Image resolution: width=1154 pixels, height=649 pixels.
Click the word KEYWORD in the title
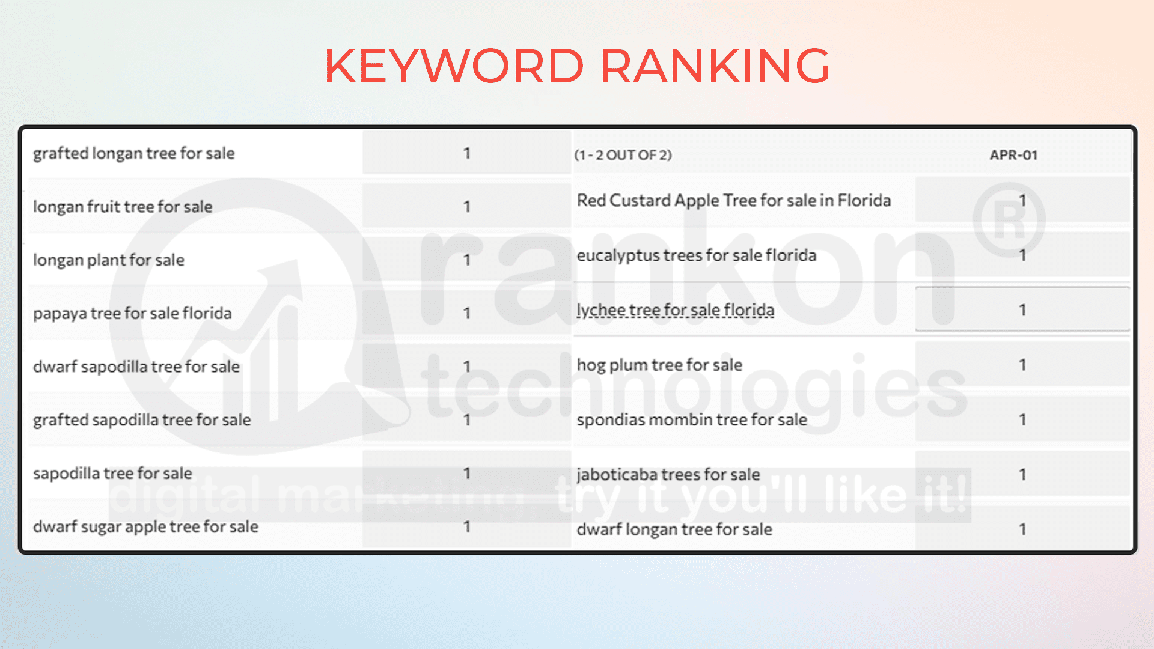coord(454,66)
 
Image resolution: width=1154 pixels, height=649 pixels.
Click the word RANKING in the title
coord(715,66)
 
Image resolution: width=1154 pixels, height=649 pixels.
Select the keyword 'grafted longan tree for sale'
coord(133,154)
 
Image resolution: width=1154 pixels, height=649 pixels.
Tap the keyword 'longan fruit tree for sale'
coord(123,207)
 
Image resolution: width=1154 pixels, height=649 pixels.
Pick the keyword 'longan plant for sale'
coord(109,260)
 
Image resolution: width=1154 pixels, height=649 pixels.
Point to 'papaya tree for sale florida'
coord(132,314)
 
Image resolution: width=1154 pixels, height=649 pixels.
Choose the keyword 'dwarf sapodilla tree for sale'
coord(136,367)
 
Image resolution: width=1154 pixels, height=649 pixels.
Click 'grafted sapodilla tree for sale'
coord(142,420)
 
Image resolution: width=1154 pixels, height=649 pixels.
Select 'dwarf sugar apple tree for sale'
coord(145,527)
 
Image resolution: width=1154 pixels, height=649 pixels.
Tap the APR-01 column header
coord(1013,155)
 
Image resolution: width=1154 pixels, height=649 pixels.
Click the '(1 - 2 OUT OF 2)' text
coord(623,155)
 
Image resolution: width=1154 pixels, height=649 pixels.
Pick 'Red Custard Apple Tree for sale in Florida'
coord(734,201)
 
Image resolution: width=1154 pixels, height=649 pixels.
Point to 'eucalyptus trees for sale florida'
coord(697,256)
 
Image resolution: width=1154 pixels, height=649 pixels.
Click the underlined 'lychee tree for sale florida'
coord(676,311)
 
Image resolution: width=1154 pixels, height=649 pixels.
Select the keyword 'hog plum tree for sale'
coord(659,365)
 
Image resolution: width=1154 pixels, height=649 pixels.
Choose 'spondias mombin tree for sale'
coord(692,420)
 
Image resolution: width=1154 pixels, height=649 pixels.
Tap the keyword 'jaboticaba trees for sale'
coord(668,475)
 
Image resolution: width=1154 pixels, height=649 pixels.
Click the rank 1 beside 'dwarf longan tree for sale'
coord(1022,529)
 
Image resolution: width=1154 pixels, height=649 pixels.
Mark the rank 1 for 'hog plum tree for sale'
coord(1022,365)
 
